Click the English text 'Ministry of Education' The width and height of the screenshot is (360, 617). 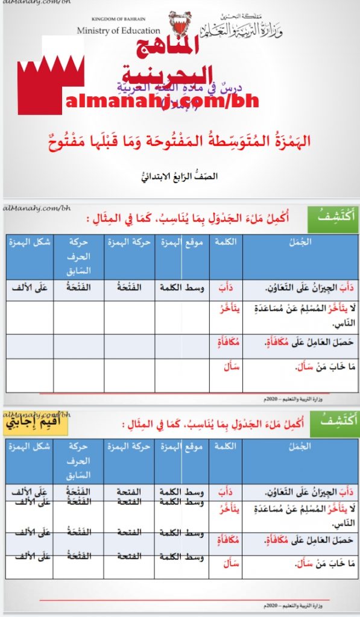click(119, 30)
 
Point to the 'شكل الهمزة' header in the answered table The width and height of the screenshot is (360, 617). click(29, 446)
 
